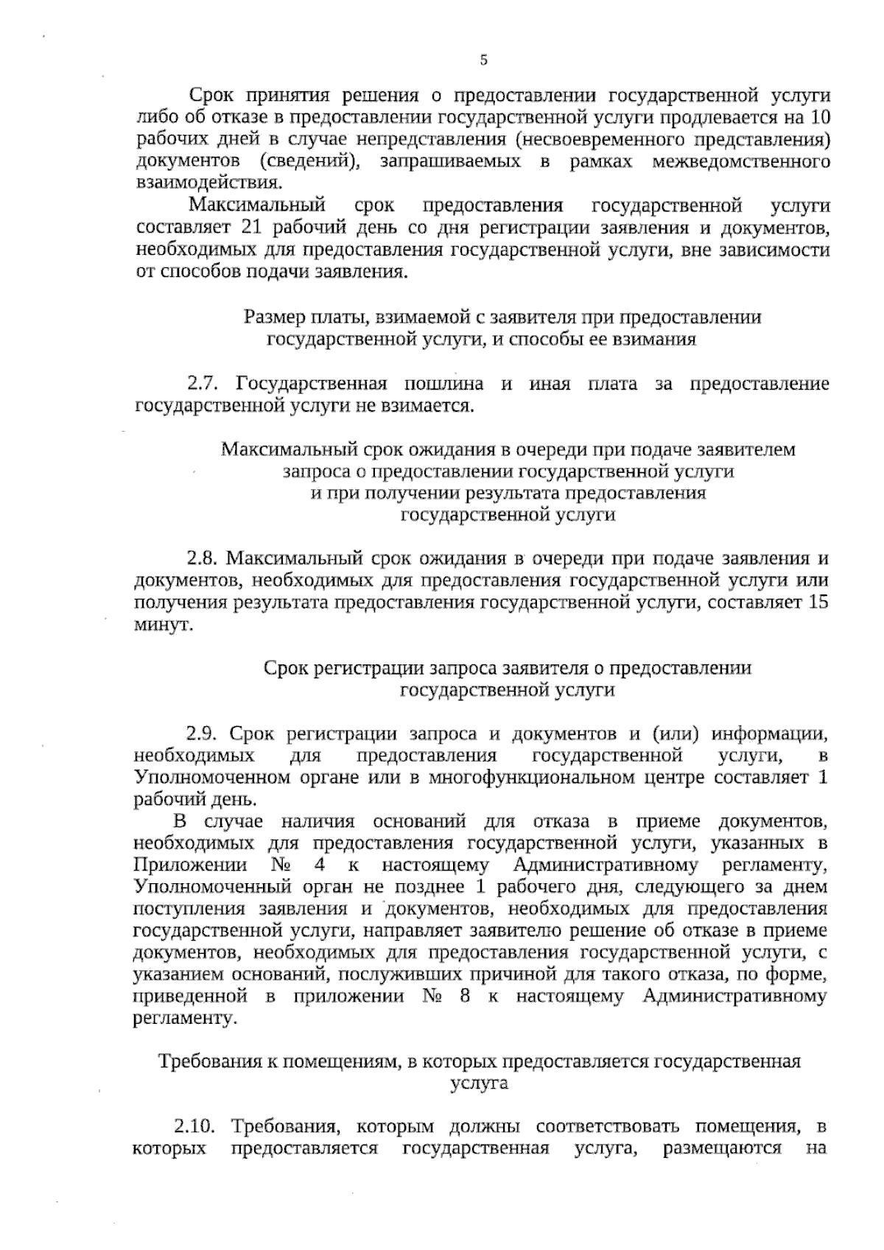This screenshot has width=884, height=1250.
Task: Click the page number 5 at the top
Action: pyautogui.click(x=483, y=60)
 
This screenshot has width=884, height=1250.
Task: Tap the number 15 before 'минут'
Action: pyautogui.click(x=818, y=603)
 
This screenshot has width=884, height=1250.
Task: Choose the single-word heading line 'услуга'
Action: pyautogui.click(x=479, y=1084)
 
